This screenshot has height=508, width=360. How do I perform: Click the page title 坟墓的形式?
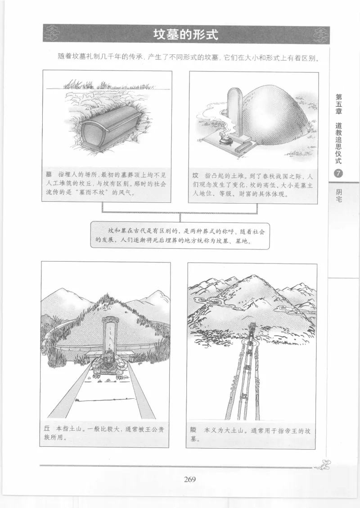pyautogui.click(x=185, y=35)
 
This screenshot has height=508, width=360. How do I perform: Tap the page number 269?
pyautogui.click(x=189, y=479)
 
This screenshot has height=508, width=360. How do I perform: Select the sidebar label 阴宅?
pyautogui.click(x=338, y=194)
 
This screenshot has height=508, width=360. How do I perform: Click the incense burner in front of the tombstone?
pyautogui.click(x=223, y=139)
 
